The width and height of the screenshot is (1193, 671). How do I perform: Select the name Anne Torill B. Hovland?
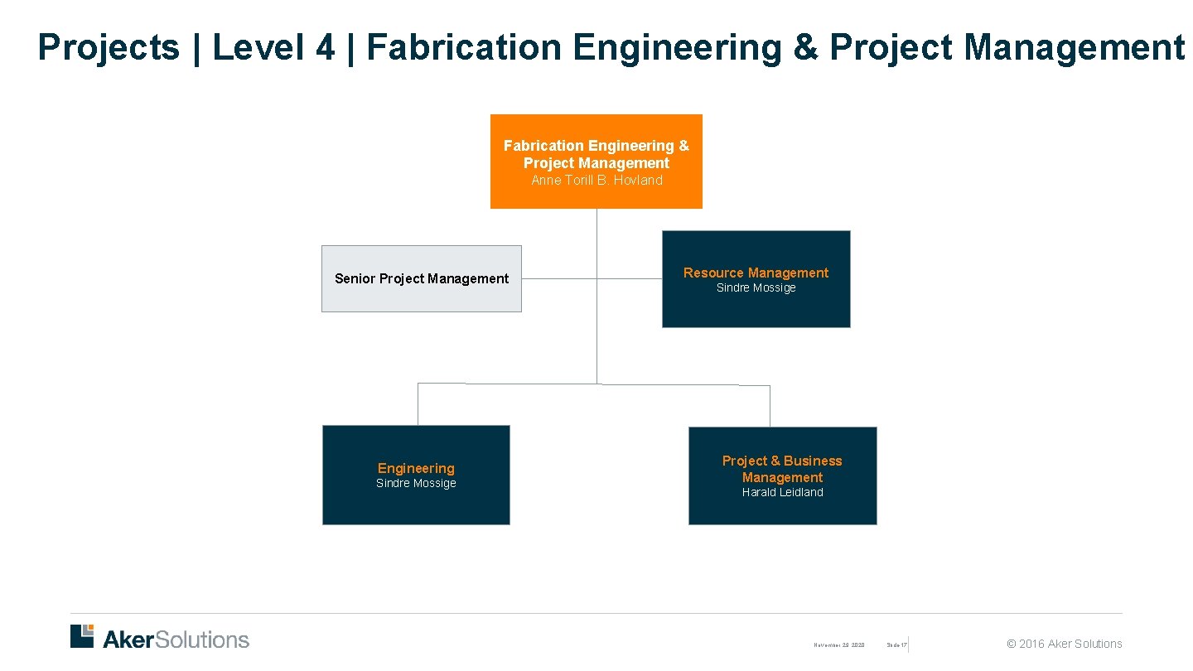(596, 181)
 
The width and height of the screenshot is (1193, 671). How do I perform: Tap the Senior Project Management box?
(421, 278)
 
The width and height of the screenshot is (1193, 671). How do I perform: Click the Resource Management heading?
(756, 273)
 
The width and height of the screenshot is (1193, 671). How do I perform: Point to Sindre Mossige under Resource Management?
(756, 288)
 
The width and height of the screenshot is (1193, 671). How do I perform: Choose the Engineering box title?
(416, 468)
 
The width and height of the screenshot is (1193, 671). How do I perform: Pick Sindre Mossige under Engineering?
(416, 484)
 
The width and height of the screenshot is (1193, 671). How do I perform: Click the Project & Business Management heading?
(782, 469)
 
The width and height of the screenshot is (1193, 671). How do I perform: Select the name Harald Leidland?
(782, 492)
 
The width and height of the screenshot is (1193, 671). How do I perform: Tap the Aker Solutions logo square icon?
(82, 635)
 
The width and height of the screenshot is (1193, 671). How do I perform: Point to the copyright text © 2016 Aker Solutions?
(1064, 644)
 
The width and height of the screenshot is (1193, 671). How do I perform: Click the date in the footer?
(838, 644)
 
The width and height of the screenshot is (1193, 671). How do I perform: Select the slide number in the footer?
(896, 644)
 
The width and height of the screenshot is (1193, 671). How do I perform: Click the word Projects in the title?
(109, 47)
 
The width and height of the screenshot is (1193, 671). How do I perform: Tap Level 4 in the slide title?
(273, 47)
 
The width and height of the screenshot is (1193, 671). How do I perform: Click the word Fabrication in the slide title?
(464, 47)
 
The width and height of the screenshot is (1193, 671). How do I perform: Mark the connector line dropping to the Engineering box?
(418, 404)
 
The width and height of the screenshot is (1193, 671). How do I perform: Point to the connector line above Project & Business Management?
(770, 406)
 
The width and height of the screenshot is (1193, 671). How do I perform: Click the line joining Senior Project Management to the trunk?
(558, 278)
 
